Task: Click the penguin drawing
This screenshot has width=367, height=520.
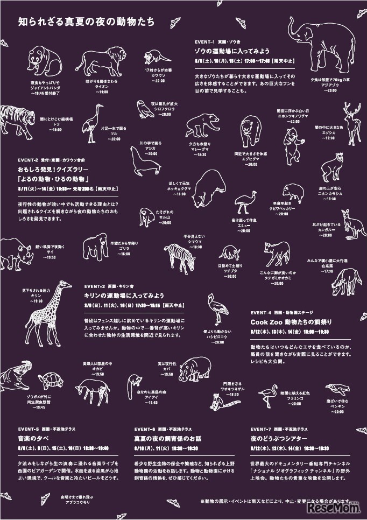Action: click(338, 391)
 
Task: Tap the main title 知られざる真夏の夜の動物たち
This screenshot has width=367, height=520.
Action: click(86, 23)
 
